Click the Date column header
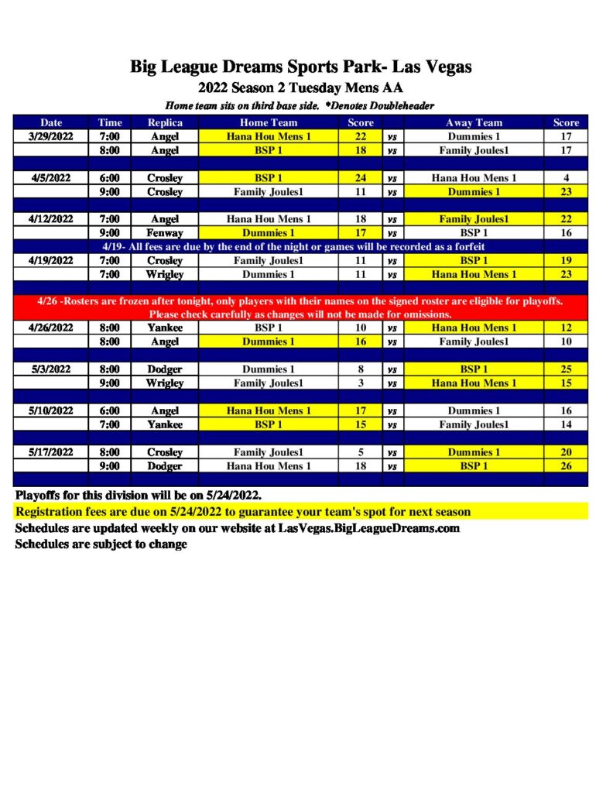pyautogui.click(x=52, y=122)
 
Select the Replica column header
pyautogui.click(x=165, y=122)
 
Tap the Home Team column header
pyautogui.click(x=268, y=122)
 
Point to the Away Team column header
pyautogui.click(x=474, y=122)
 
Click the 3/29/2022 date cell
pyautogui.click(x=52, y=136)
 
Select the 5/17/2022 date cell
pyautogui.click(x=52, y=452)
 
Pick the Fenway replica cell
pyautogui.click(x=165, y=232)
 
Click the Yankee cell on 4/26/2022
pyautogui.click(x=165, y=328)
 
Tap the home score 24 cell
pyautogui.click(x=360, y=178)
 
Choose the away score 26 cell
pyautogui.click(x=566, y=466)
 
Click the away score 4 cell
pyautogui.click(x=566, y=178)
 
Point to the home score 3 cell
pyautogui.click(x=360, y=383)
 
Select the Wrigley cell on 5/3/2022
pyautogui.click(x=165, y=383)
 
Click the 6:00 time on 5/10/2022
pyautogui.click(x=109, y=411)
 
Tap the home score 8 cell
pyautogui.click(x=360, y=369)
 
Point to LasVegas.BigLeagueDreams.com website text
pyautogui.click(x=368, y=528)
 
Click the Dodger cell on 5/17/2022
pyautogui.click(x=165, y=466)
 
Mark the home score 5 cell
pyautogui.click(x=360, y=452)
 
